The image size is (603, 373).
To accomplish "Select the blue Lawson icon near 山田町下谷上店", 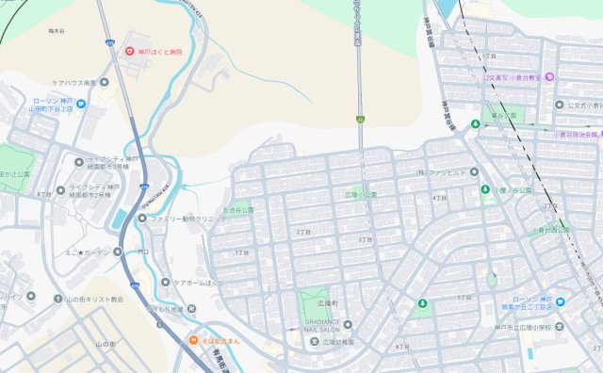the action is click(x=81, y=105).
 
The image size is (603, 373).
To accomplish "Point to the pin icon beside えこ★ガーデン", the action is click(x=119, y=251).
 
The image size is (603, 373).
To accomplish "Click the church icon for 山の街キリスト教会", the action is click(x=57, y=299).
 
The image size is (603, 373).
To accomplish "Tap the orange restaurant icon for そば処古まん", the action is click(x=193, y=341).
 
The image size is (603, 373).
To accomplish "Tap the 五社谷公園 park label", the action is click(x=238, y=209).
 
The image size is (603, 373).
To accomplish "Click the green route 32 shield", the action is click(x=359, y=120).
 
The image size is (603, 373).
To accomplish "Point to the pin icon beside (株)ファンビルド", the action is click(x=474, y=172).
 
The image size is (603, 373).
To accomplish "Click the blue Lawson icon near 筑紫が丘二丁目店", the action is click(x=560, y=302).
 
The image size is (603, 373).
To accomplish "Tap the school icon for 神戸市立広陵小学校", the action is click(x=560, y=327).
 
